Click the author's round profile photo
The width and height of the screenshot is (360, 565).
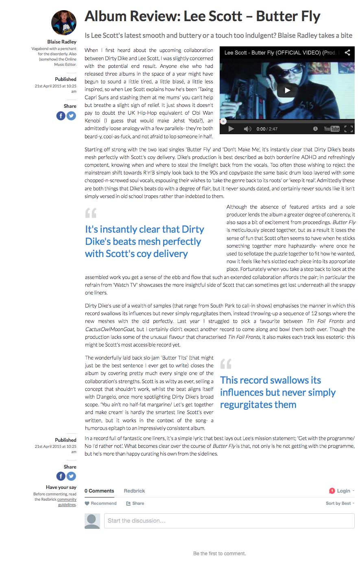[64, 23]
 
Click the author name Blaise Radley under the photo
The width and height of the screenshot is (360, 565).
[62, 42]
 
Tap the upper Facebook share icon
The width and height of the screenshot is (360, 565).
[61, 116]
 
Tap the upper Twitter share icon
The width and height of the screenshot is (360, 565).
[71, 116]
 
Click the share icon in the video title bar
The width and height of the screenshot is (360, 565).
[347, 52]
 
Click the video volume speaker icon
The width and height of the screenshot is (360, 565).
[247, 129]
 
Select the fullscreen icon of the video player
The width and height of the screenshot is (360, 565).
[348, 129]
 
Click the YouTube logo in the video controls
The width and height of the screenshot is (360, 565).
[332, 129]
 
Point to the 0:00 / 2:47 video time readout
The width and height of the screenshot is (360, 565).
[267, 129]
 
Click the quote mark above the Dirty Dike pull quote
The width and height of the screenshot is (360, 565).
[91, 213]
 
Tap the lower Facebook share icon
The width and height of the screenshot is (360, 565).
[61, 476]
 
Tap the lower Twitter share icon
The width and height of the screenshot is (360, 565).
[71, 476]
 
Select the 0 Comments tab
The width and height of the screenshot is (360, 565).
[99, 491]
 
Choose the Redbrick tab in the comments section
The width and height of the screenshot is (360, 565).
[134, 491]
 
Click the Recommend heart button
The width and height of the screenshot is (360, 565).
[100, 503]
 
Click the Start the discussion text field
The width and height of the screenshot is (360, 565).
[229, 521]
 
